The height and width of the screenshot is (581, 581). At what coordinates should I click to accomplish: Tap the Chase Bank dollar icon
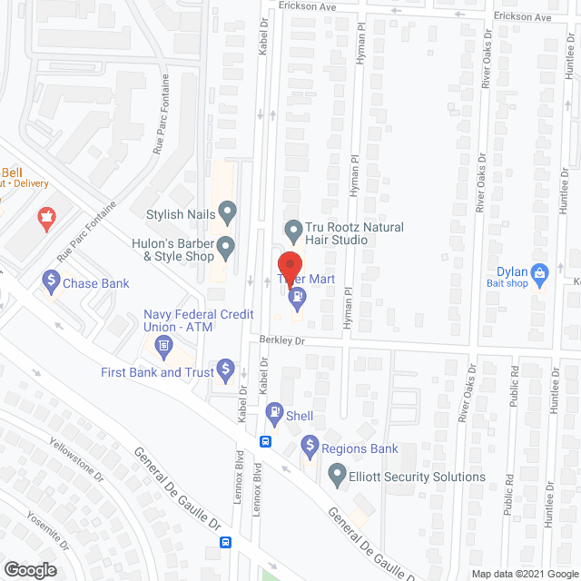coord(50,283)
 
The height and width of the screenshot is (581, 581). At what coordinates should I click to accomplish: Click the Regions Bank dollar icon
coord(310,448)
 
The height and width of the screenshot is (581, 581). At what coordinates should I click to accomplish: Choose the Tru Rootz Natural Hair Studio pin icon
coord(292,228)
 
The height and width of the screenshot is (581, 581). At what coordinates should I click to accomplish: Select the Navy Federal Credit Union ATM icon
coord(164,345)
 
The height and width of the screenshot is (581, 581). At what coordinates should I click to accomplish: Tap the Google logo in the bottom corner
coord(31,568)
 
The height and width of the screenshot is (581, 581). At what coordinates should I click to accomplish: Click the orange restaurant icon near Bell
coord(44,218)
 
